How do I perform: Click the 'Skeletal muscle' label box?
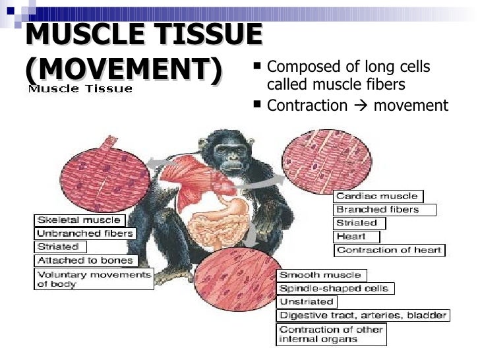click(79, 220)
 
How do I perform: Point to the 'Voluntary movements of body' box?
click(94, 279)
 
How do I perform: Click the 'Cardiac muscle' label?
click(378, 196)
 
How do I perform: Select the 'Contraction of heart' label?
click(389, 250)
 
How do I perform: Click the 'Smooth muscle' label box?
click(321, 274)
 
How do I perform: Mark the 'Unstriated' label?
click(307, 301)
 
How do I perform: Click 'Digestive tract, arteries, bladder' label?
click(363, 315)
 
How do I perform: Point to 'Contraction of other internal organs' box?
click(331, 334)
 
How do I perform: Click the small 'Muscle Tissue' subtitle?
click(80, 88)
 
